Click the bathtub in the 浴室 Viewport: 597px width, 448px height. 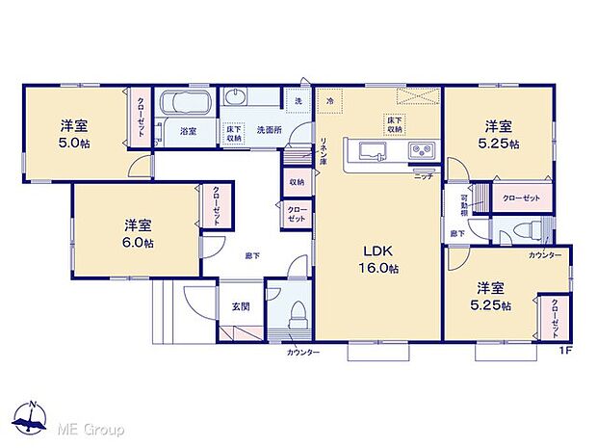point(186,103)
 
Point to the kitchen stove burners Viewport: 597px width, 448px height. point(421,150)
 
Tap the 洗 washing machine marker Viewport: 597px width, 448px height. point(298,101)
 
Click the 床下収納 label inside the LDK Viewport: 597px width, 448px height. point(395,123)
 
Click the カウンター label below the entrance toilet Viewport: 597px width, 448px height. point(302,353)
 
